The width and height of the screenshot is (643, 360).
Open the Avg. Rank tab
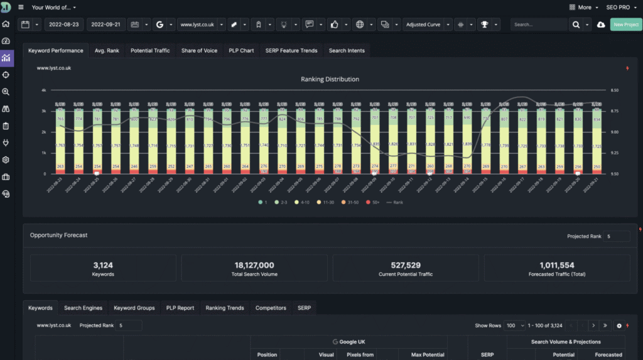pos(107,50)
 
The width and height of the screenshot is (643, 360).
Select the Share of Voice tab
pos(199,50)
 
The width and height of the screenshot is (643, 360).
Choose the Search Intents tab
pos(347,50)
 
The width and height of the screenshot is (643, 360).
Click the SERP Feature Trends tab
pos(291,50)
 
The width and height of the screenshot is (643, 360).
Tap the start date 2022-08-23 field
pos(63,25)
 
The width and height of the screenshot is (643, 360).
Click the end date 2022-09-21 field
pos(105,25)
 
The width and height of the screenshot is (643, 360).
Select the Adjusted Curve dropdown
pos(423,25)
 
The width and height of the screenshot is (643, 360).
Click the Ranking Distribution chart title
pos(330,79)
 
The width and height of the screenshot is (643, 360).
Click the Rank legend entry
pos(396,202)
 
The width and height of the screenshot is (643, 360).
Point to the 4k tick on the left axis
pos(43,90)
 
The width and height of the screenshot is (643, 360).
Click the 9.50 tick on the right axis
pos(615,174)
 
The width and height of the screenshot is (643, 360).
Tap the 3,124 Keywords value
pos(102,265)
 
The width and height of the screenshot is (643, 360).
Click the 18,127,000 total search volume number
pos(254,265)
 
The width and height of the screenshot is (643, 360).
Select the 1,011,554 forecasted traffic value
pos(556,265)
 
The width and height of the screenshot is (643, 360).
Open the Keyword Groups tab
pos(134,308)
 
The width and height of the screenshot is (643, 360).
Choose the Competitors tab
pos(271,308)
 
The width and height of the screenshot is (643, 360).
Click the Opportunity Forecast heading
pos(58,235)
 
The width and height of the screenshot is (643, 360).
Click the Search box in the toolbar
pos(539,25)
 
